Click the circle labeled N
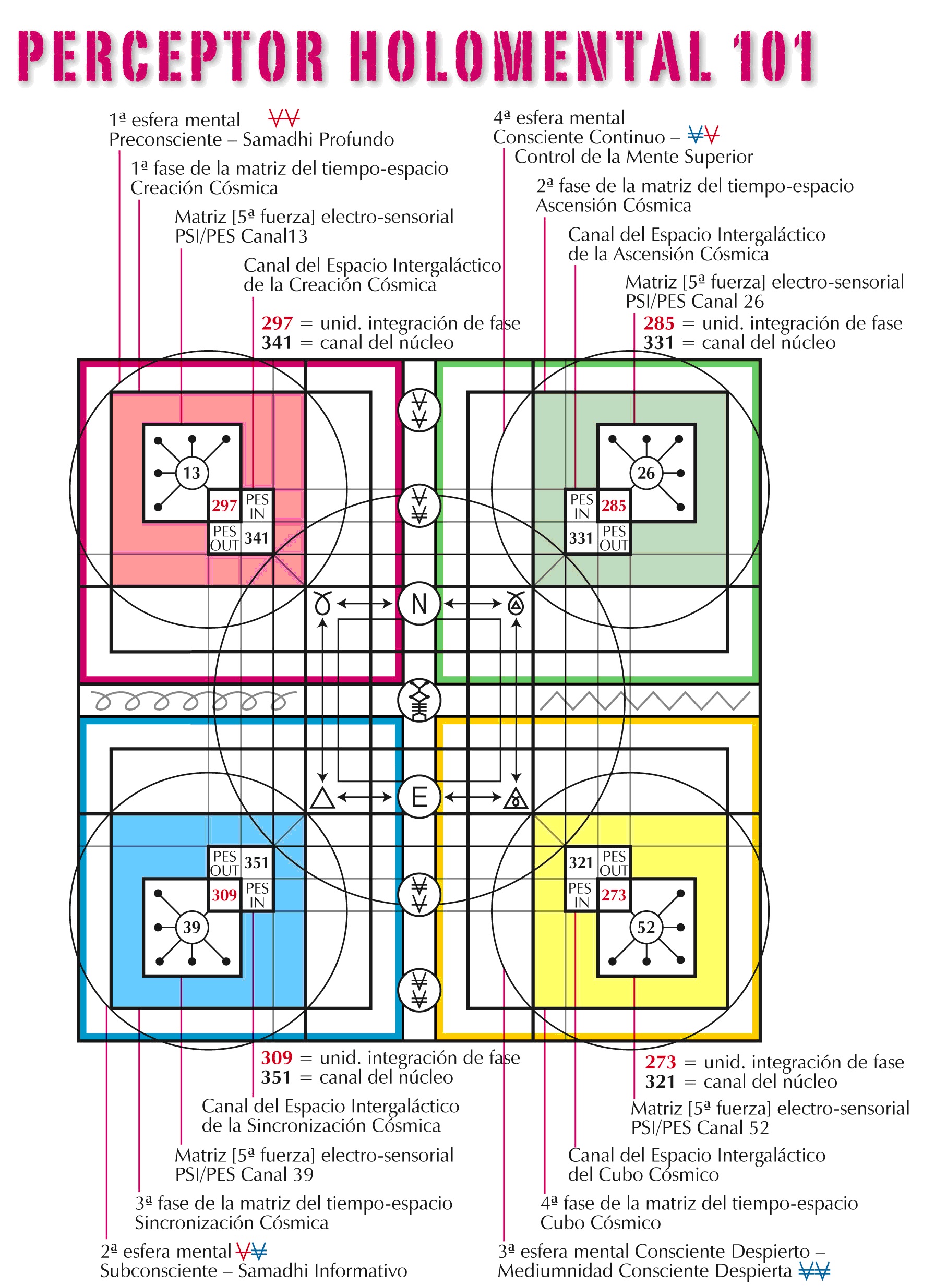pyautogui.click(x=419, y=603)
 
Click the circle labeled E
pyautogui.click(x=419, y=797)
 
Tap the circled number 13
pyautogui.click(x=191, y=472)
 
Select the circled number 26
pyautogui.click(x=646, y=472)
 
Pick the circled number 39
pyautogui.click(x=191, y=927)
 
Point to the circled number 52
pyautogui.click(x=646, y=927)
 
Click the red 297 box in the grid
pyautogui.click(x=224, y=505)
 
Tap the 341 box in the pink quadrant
pyautogui.click(x=256, y=537)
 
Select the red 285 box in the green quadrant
pyautogui.click(x=614, y=505)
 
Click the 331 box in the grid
pyautogui.click(x=581, y=537)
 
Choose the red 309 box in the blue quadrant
pyautogui.click(x=224, y=895)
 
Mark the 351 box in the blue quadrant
pyautogui.click(x=256, y=862)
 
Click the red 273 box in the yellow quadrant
pyautogui.click(x=614, y=895)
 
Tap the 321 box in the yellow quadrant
pyautogui.click(x=581, y=862)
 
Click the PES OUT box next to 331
pyautogui.click(x=614, y=538)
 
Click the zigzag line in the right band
pyautogui.click(x=645, y=701)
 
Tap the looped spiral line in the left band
pyautogui.click(x=193, y=701)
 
